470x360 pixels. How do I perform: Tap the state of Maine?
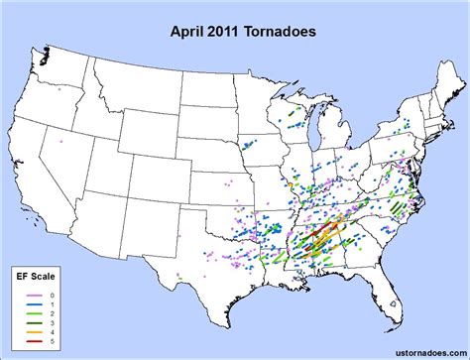coord(444,89)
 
